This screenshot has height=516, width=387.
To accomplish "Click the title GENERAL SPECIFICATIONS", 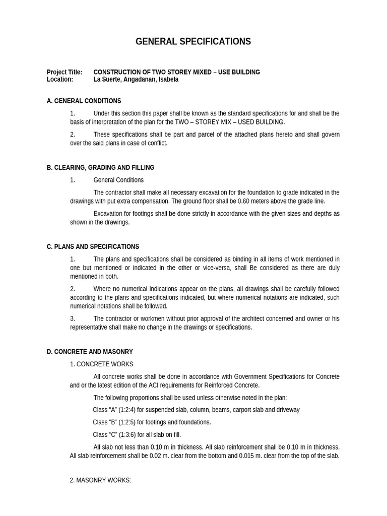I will tap(193, 42).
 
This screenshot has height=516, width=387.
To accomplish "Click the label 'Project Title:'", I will tap(64, 72).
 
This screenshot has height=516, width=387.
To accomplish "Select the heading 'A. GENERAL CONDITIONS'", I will tap(84, 101).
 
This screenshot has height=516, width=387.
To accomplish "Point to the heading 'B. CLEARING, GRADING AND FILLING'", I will tap(100, 167).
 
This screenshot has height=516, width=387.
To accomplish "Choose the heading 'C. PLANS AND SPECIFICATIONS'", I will tap(93, 247).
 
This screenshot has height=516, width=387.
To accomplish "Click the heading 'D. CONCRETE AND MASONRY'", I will tap(90, 352).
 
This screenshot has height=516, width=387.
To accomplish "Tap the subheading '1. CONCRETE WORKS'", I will tap(101, 364).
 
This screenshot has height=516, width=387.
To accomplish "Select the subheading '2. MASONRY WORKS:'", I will tap(100, 480).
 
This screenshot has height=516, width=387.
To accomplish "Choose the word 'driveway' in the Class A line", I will tap(287, 410).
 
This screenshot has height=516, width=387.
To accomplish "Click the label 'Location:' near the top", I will tap(60, 80).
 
